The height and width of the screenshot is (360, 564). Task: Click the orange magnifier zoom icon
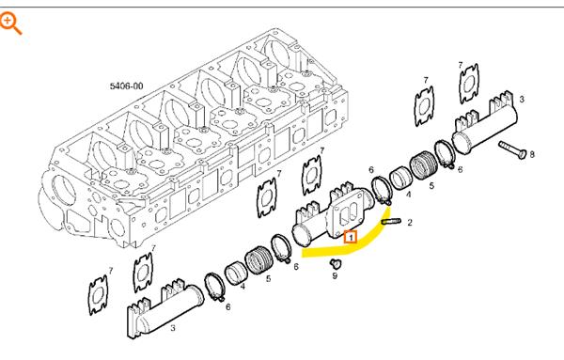point(10,23)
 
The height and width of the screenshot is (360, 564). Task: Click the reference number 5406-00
point(126,86)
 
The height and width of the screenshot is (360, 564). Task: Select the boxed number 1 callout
point(351,237)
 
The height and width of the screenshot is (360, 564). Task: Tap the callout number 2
point(410,223)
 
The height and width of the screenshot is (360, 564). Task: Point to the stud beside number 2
point(391,222)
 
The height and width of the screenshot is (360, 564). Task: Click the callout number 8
point(532,154)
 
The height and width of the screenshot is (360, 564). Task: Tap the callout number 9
point(335,275)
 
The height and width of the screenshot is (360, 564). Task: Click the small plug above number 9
point(336,263)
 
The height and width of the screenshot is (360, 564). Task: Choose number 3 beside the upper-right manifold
point(522,99)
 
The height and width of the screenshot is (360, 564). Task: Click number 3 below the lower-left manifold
point(173,328)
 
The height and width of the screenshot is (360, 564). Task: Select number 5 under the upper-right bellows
point(431,185)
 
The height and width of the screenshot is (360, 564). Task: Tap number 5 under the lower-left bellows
point(268,278)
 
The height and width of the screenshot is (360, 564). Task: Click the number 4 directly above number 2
point(408,195)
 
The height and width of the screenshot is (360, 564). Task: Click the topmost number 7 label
point(461,65)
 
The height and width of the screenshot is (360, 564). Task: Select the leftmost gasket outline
point(98,294)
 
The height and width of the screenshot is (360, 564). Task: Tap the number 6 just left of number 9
point(296,267)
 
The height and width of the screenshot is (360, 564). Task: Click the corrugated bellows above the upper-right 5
point(425,165)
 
